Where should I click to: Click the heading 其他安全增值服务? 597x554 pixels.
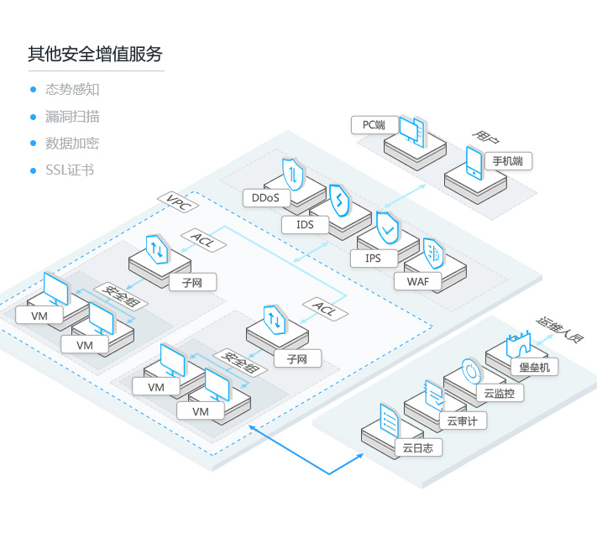click(95, 55)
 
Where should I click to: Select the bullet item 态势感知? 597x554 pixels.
click(71, 90)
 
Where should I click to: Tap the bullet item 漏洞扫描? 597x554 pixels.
click(71, 117)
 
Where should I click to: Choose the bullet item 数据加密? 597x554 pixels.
click(71, 144)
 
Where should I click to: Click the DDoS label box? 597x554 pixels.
click(265, 199)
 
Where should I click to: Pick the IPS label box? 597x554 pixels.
click(373, 258)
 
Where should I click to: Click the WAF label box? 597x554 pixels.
click(417, 281)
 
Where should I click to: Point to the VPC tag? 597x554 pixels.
click(178, 203)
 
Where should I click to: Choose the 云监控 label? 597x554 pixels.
click(499, 393)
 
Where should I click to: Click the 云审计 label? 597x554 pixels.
click(462, 421)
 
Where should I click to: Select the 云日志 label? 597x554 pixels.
click(418, 448)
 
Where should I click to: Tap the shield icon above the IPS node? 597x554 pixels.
click(387, 227)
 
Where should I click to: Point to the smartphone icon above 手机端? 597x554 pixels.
click(474, 163)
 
